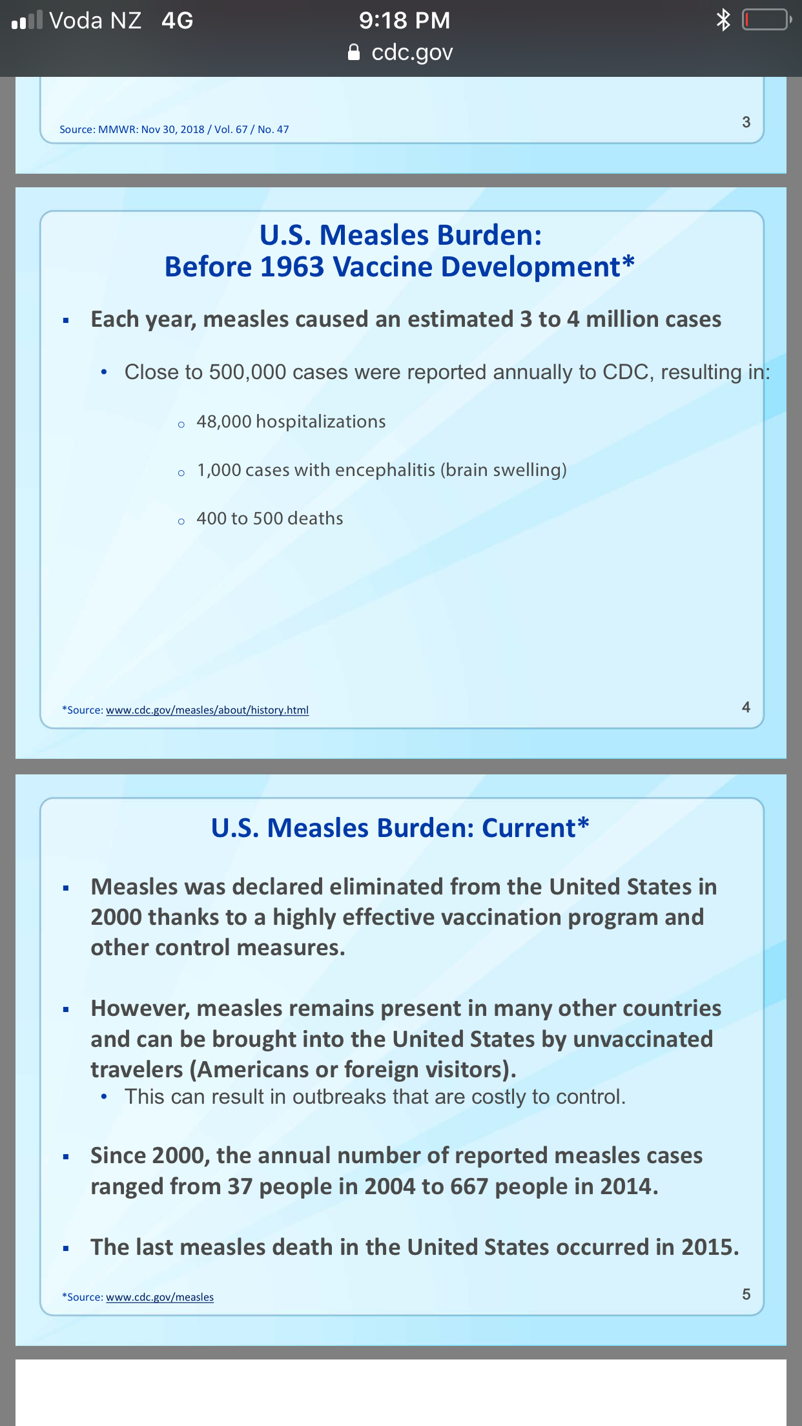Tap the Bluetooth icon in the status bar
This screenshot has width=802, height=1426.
[723, 20]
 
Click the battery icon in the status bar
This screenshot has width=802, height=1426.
[767, 20]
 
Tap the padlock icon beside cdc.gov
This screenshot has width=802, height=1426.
[354, 52]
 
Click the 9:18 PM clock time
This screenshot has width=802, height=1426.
[404, 21]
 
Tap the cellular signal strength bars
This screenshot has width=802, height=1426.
[27, 21]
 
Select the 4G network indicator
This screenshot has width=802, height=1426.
[178, 21]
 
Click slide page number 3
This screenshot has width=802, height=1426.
[746, 122]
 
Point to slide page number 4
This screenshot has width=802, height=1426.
[746, 707]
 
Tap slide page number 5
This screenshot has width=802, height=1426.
[746, 1294]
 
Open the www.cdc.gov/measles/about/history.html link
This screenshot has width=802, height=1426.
[207, 710]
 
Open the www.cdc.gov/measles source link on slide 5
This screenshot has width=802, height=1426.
[159, 1297]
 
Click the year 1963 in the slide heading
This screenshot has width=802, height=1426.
[292, 267]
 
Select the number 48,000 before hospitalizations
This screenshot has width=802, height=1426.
[224, 422]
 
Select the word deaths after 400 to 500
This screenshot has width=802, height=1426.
[315, 519]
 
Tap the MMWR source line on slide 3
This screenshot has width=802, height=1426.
[174, 129]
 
